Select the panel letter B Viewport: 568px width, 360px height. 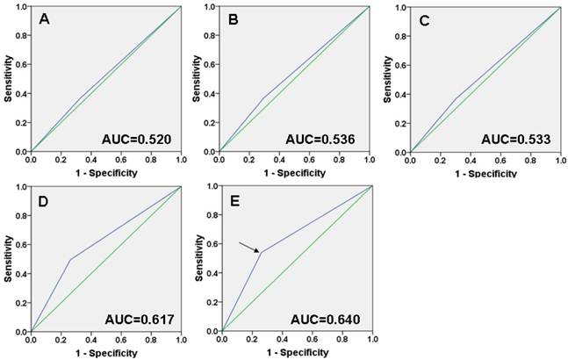pos(234,18)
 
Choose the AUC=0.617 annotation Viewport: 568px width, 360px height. pos(133,316)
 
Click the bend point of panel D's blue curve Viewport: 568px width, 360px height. pos(69,259)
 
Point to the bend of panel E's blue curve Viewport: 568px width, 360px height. pos(259,253)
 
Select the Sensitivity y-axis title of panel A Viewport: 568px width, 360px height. pos(8,78)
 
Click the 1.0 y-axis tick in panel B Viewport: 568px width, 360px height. pos(208,7)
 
